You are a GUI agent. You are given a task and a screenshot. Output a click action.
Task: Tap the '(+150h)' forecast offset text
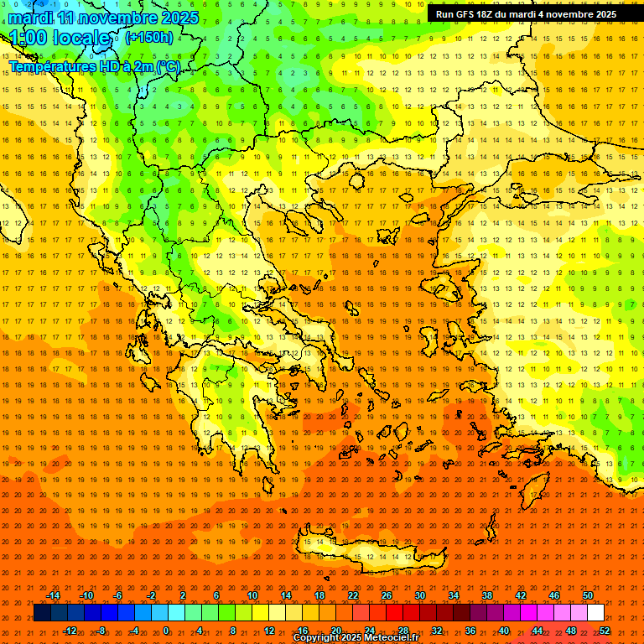point(149,37)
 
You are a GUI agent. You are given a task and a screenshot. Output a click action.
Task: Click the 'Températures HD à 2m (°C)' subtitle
point(94,67)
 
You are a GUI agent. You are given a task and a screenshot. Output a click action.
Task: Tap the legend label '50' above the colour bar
point(588,595)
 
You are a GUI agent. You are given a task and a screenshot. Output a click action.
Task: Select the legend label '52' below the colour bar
point(605,631)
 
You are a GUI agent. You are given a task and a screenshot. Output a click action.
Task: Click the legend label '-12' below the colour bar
point(70,631)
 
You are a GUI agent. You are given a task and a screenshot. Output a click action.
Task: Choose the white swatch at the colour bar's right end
point(596,613)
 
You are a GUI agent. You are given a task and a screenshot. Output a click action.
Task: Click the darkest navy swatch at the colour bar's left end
point(42,613)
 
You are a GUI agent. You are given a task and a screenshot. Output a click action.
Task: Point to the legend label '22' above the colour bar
point(353,595)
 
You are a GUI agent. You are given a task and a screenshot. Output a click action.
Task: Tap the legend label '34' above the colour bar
point(454,595)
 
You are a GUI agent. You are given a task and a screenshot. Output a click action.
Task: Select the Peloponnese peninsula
point(231,419)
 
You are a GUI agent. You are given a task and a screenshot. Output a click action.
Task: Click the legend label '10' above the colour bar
point(252,595)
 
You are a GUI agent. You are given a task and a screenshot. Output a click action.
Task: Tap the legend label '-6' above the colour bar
point(118,595)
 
